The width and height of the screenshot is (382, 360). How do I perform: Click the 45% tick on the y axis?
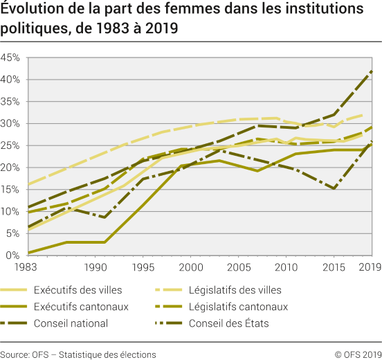pos(10,57)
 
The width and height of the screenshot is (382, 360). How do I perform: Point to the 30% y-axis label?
pos(10,123)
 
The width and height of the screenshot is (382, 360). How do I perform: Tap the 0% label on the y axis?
pos(12,255)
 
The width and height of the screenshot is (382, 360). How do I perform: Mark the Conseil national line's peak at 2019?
pos(372,71)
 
